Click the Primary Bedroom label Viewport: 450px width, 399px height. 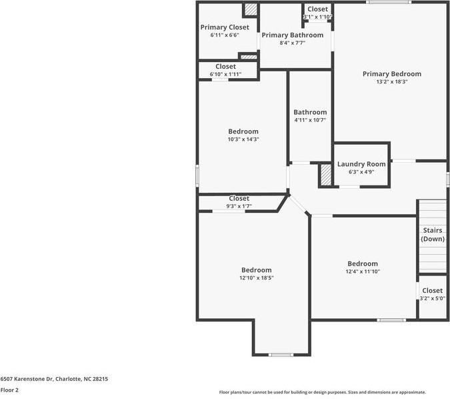391,74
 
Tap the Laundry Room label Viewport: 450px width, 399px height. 361,164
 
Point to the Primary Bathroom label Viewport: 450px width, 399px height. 292,35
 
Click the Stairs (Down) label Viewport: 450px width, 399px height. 433,234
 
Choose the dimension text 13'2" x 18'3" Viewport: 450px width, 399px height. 391,82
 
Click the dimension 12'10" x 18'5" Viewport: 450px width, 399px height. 257,278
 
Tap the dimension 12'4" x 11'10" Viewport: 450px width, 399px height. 362,272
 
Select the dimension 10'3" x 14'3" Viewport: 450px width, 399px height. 243,139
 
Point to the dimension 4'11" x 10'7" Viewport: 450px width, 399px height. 310,120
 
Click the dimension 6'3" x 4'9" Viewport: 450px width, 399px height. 361,172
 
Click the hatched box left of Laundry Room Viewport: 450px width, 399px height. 326,175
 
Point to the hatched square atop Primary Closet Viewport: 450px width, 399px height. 250,9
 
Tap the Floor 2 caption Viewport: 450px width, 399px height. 9,390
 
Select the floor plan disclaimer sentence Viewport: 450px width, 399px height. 322,392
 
